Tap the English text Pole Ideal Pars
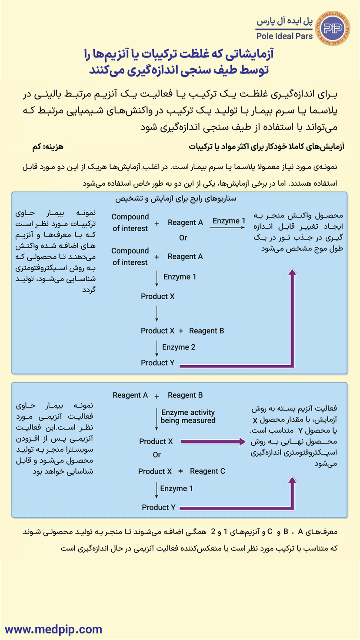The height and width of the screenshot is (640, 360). click(285, 36)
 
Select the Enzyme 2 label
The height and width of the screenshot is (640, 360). click(179, 347)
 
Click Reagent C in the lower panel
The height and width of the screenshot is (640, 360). click(207, 471)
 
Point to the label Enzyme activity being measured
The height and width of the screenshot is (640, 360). click(188, 417)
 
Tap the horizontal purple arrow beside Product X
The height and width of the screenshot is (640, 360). click(213, 442)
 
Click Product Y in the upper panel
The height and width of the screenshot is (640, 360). click(157, 363)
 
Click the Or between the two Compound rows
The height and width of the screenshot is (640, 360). click(183, 238)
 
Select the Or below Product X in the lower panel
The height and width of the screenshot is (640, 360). click(157, 455)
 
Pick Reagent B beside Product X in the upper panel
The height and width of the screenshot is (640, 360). click(207, 331)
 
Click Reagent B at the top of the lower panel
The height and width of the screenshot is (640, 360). click(185, 395)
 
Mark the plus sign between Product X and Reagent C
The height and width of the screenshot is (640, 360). click(181, 471)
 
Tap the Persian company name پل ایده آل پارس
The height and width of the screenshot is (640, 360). click(285, 21)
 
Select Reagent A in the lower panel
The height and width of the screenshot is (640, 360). click(130, 395)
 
